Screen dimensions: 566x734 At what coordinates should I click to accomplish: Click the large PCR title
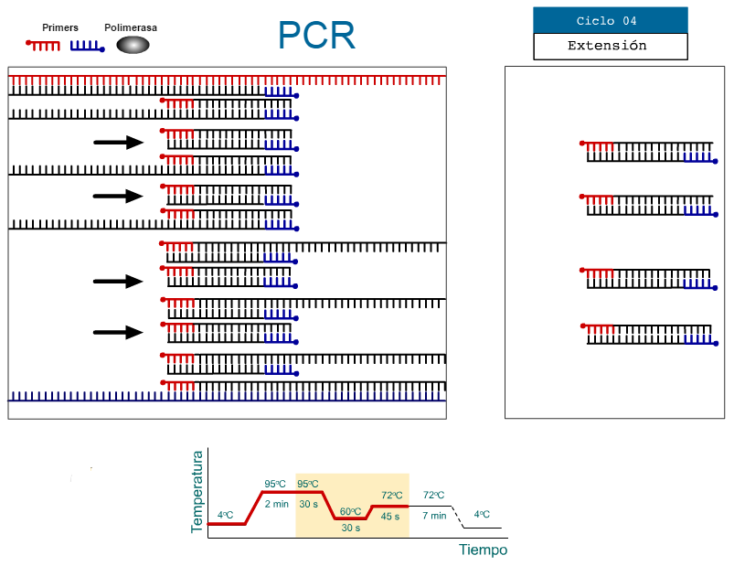(x=316, y=36)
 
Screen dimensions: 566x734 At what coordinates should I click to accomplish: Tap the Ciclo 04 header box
(x=610, y=20)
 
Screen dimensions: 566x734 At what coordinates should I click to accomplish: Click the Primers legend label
(x=60, y=28)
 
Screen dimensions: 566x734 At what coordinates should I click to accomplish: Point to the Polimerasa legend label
(x=131, y=28)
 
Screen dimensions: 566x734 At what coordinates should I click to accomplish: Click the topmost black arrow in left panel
(x=119, y=142)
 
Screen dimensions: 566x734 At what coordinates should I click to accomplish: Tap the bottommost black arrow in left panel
(x=119, y=333)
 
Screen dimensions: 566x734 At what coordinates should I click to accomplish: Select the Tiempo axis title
(x=483, y=550)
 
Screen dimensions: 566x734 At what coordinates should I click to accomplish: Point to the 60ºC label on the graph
(x=351, y=511)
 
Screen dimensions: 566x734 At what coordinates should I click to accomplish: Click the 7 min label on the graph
(x=434, y=516)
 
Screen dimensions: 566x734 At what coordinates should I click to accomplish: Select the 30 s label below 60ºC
(x=351, y=528)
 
